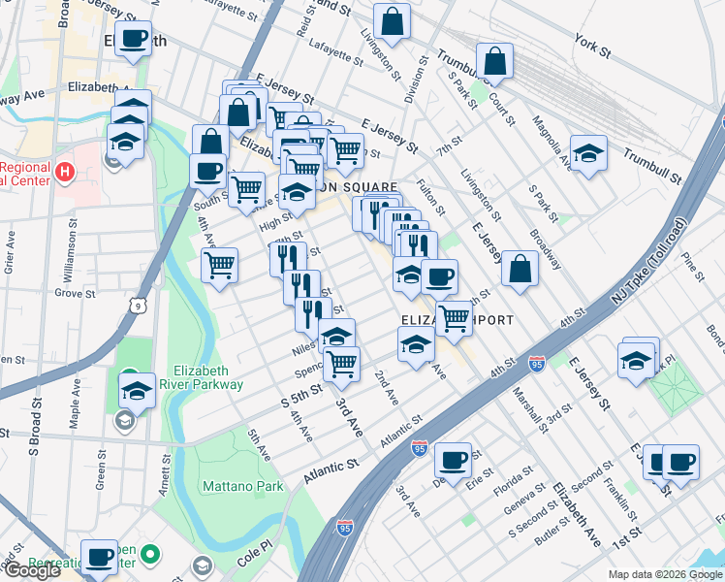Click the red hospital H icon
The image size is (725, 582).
(x=64, y=174)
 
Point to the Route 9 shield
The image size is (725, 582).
(x=139, y=307)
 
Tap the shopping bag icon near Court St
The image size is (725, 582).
(x=494, y=60)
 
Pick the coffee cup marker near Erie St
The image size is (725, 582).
(x=453, y=459)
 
